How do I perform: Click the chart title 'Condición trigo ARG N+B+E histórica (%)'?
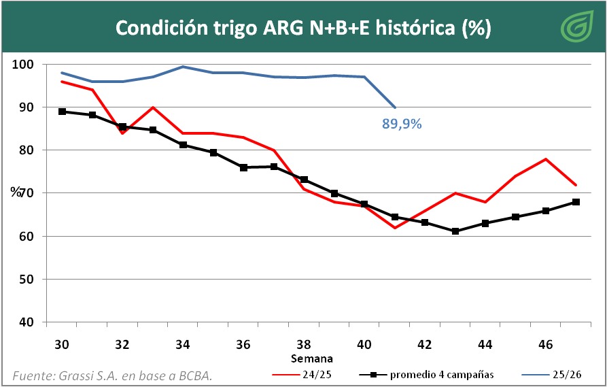(303, 28)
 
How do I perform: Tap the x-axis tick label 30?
(62, 345)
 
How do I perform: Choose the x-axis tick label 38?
(304, 345)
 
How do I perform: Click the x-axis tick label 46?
(545, 345)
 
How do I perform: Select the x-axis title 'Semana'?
(312, 358)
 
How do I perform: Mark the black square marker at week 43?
(455, 231)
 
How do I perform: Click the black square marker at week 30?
(62, 112)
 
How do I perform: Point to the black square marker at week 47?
(576, 202)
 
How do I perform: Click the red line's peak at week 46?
(545, 159)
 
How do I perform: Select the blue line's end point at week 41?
(395, 107)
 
